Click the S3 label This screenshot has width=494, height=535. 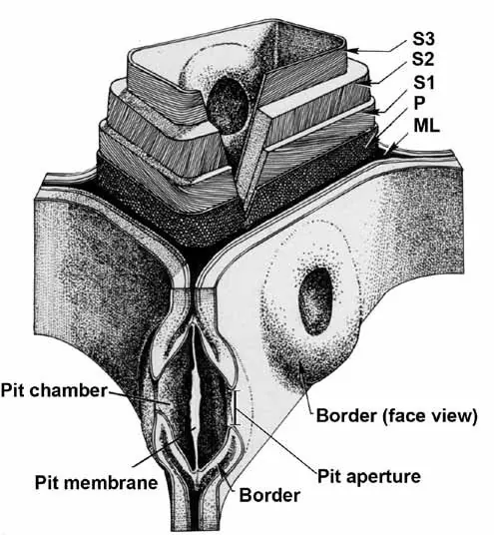[x=423, y=39]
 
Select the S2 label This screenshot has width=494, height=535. [x=423, y=59]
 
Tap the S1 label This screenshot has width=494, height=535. [x=424, y=82]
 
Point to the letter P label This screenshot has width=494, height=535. [x=419, y=103]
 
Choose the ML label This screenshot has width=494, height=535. [x=426, y=126]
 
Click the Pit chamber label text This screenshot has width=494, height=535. [x=54, y=390]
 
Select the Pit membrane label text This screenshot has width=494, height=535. [x=97, y=482]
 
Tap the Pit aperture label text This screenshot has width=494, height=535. [x=369, y=476]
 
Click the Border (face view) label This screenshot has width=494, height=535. [x=397, y=416]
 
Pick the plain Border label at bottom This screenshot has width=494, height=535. [x=269, y=495]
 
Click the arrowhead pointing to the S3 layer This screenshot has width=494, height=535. [x=353, y=51]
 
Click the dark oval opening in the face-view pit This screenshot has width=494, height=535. [x=315, y=300]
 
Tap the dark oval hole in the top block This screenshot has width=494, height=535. [x=228, y=105]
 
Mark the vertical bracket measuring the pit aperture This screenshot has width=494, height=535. [x=236, y=407]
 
